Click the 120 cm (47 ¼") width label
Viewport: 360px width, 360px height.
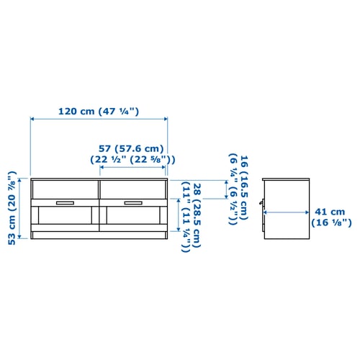coord(99,112)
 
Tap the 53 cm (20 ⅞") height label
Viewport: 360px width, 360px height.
coord(12,208)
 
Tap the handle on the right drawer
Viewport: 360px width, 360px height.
coord(132,202)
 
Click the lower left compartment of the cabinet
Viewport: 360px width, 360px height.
coord(65,219)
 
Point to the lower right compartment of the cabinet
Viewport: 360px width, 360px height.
coord(132,219)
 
